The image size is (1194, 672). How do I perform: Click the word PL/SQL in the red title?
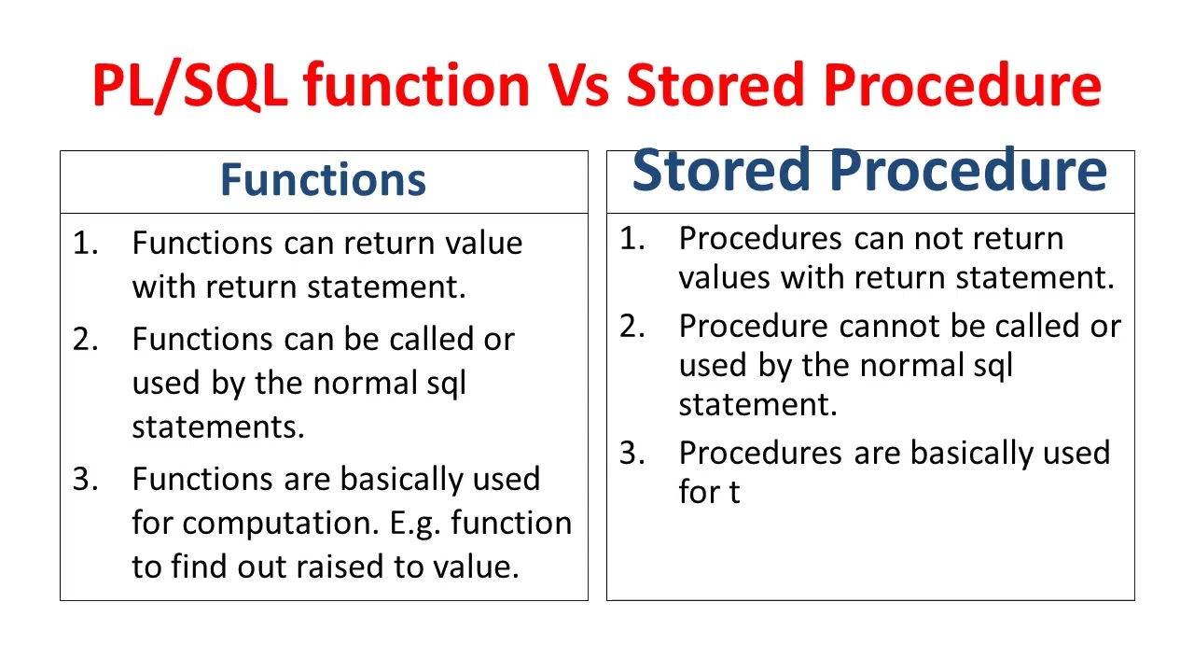189,86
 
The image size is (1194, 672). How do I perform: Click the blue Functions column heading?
323,179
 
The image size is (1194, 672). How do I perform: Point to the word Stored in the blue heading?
720,171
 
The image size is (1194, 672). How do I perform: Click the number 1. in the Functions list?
86,244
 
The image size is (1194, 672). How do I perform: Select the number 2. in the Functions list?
86,340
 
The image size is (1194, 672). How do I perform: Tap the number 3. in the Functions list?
86,480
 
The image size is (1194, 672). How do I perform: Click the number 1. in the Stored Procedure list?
633,239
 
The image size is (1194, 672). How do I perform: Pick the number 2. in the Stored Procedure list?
633,327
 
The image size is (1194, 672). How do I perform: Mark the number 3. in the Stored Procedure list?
633,454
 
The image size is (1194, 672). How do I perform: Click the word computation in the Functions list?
280,523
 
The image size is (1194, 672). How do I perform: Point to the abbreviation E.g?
413,523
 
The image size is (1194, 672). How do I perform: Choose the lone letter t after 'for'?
734,493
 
